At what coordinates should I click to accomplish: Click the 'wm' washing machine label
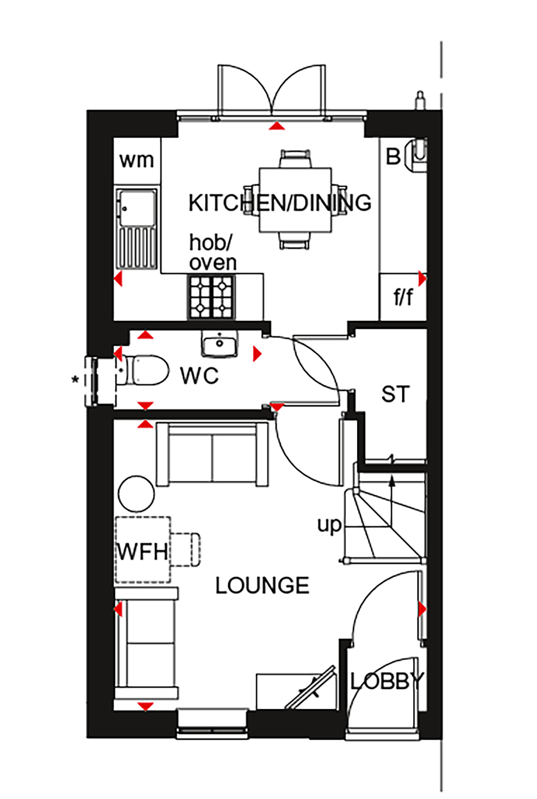tap(137, 160)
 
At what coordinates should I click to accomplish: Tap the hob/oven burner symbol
tap(211, 297)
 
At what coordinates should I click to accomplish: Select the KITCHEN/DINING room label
tap(280, 203)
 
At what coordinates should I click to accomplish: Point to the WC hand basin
tap(219, 344)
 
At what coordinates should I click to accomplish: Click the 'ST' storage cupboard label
tap(396, 394)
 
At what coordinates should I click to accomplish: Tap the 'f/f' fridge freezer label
tap(403, 297)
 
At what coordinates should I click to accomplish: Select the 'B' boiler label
tap(393, 157)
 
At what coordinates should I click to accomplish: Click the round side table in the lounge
tap(136, 494)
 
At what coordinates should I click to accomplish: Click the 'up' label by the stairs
tap(329, 526)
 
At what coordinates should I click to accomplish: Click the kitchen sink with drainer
tap(136, 229)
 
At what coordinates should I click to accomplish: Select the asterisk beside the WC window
tap(75, 379)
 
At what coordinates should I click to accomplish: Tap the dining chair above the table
tap(295, 158)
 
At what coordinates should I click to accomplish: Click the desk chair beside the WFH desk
tap(185, 550)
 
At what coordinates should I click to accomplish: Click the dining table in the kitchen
tap(295, 200)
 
